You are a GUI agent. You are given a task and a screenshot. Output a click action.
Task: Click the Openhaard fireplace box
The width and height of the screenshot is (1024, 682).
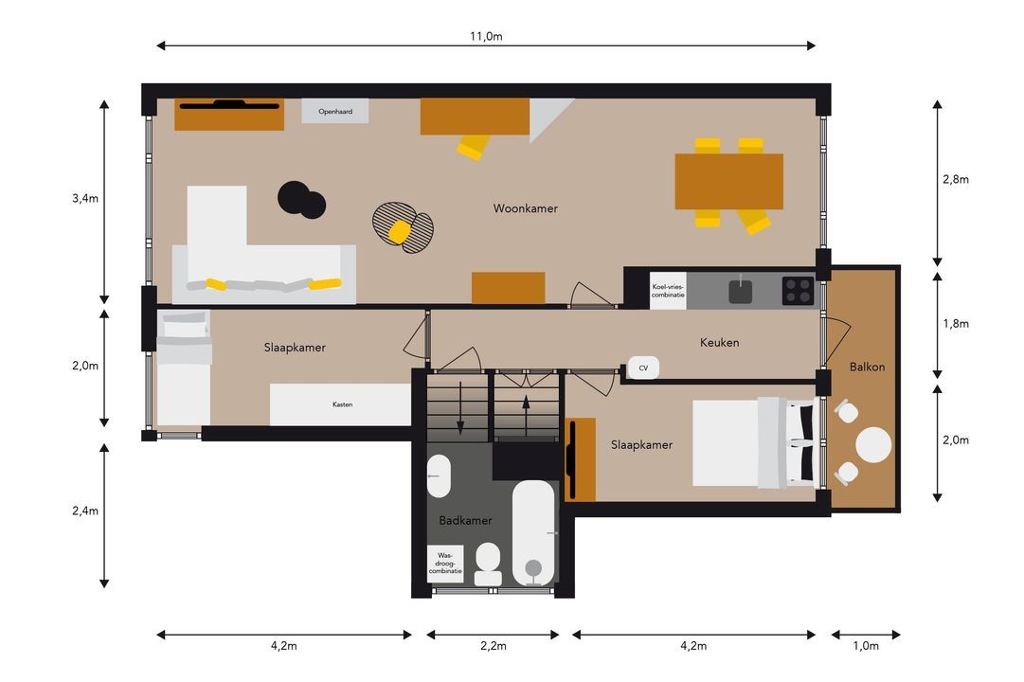point(335,111)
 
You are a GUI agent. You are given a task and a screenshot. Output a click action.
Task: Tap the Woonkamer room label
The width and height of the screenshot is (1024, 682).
point(525,208)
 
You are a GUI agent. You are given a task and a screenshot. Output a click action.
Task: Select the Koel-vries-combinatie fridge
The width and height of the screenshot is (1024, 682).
point(668,291)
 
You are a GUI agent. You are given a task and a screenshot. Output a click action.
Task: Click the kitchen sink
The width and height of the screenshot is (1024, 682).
point(741,291)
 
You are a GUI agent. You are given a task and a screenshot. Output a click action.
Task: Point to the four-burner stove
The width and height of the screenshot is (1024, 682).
point(798,291)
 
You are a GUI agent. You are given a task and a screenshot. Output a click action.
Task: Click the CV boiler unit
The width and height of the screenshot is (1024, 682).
point(643,368)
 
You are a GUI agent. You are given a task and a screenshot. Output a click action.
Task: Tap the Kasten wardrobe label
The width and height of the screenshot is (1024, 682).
point(342,404)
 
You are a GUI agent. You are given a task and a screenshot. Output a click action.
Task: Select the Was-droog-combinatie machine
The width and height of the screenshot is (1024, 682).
point(445,563)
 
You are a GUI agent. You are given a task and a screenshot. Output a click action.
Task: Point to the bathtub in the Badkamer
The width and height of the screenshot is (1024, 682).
point(533,533)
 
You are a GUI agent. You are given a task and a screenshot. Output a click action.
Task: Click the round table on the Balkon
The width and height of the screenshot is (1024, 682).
point(873,445)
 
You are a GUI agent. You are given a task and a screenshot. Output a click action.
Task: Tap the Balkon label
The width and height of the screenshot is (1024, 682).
point(868,368)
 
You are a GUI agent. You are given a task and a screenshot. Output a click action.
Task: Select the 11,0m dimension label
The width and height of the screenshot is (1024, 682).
point(486,37)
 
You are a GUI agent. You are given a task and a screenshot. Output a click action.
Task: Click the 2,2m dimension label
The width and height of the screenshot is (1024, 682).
point(494,646)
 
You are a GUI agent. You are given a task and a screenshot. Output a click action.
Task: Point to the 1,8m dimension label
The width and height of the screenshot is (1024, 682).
point(956,323)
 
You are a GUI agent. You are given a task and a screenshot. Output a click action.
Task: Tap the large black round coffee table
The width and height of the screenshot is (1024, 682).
point(295,197)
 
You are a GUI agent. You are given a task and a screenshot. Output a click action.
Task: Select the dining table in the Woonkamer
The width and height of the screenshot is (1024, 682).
point(728,182)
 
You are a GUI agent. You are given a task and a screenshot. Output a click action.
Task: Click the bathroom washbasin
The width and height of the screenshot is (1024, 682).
point(439,476)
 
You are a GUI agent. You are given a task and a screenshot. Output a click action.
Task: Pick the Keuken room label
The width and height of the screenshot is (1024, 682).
point(719,342)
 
